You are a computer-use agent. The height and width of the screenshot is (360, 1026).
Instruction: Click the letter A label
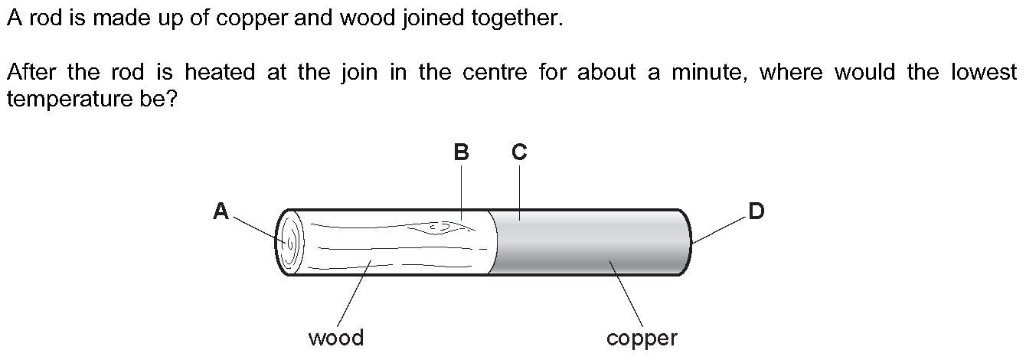[221, 211]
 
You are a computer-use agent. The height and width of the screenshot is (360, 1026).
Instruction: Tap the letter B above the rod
[461, 152]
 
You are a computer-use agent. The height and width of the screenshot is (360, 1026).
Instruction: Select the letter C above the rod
[519, 152]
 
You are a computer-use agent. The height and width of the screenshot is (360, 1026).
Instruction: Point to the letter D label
[756, 211]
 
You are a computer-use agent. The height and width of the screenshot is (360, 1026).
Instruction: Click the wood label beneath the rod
[335, 337]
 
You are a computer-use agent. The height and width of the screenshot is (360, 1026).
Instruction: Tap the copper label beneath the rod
[642, 338]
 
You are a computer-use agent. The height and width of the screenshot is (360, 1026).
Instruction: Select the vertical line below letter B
[461, 191]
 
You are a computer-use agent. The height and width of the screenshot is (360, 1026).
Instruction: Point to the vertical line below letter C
[519, 191]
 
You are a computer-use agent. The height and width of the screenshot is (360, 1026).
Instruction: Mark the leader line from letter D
[720, 230]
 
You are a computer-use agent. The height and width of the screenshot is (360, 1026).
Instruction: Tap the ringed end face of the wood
[289, 242]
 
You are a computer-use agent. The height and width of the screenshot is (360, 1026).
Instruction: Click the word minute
[710, 73]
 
